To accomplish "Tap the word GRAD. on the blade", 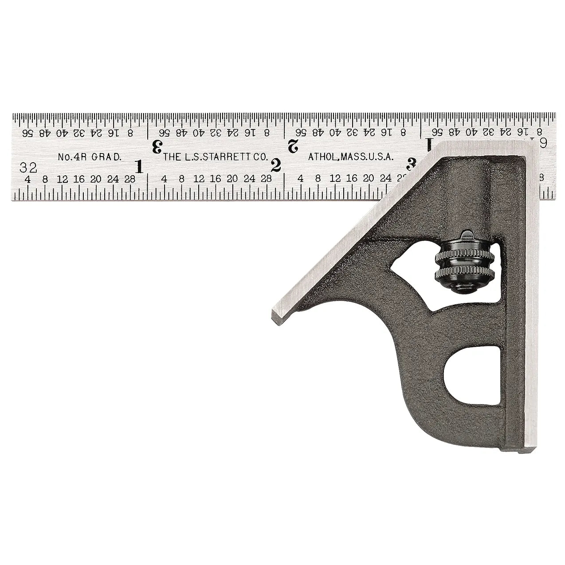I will pos(106,157).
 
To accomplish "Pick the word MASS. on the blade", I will pos(351,157).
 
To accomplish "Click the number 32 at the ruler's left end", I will pos(27,168).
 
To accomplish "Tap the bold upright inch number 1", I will pos(139,167).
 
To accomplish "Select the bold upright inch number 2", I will pos(275,165).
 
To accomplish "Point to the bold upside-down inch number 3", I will pos(156,146).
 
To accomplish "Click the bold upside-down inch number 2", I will pos(293,145).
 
